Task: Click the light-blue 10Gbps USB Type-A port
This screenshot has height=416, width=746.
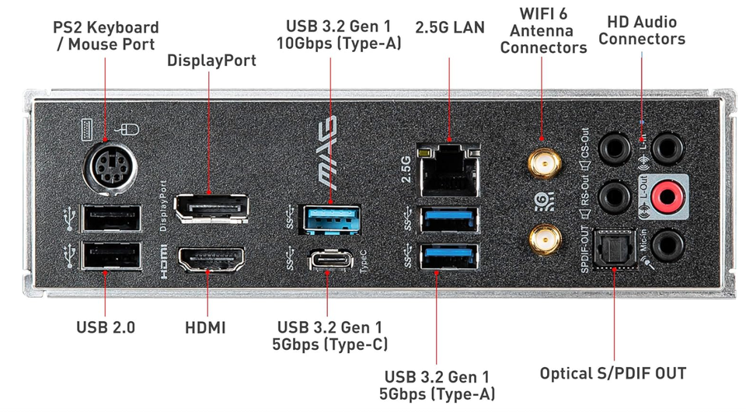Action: [329, 216]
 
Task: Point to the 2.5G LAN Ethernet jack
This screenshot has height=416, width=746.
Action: [448, 167]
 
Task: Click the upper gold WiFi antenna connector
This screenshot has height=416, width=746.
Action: [544, 164]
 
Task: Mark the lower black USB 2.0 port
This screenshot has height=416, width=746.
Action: [112, 257]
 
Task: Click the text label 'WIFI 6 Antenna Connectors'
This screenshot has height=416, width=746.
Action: [543, 30]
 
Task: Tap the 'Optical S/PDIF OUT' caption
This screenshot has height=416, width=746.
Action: [613, 374]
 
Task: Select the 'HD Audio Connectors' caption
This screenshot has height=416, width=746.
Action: [642, 30]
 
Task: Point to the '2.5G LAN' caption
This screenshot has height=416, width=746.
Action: [450, 28]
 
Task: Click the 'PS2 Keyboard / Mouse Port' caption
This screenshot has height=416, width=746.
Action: [106, 37]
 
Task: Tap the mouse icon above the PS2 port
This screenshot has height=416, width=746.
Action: [123, 126]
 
